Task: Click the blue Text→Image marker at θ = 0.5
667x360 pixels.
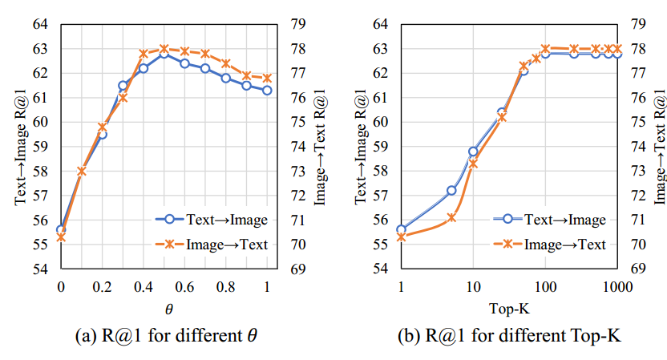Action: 164,53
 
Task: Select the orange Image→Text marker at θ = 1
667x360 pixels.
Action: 267,78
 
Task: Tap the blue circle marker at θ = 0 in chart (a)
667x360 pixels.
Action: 61,229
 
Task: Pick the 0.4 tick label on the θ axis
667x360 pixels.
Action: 143,287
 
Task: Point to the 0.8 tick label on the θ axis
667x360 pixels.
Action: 225,287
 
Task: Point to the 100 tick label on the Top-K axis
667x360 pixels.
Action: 545,287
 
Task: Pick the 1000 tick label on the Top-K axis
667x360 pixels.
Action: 616,287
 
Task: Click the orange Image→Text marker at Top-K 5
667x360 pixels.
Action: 451,217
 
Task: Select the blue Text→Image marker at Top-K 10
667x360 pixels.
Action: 473,151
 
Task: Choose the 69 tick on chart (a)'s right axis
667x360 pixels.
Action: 295,269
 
